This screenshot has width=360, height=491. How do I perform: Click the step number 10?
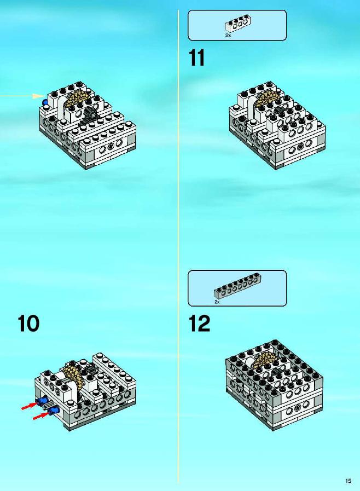click(28, 324)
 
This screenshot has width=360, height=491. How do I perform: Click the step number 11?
click(196, 57)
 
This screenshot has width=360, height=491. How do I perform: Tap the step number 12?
click(199, 324)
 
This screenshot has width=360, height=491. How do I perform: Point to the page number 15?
click(348, 481)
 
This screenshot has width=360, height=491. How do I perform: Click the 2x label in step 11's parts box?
click(228, 36)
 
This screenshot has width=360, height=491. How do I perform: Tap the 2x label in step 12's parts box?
click(217, 302)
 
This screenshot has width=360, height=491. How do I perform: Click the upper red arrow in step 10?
click(30, 406)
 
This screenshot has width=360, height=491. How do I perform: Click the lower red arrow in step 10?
click(42, 415)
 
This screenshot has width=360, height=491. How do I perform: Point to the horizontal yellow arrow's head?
click(39, 96)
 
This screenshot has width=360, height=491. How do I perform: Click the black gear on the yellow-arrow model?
click(91, 113)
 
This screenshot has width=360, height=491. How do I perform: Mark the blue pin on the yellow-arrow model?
click(45, 102)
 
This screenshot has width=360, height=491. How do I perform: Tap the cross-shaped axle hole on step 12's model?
click(298, 407)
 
